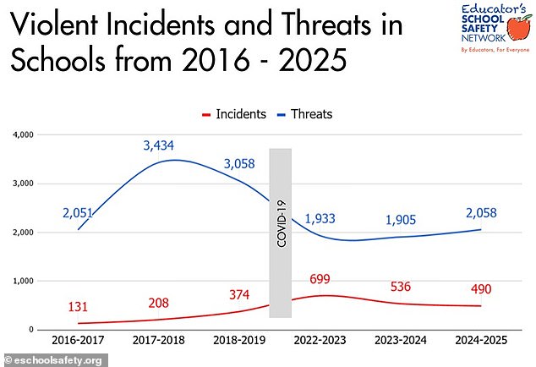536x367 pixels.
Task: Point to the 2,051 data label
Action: tap(79, 215)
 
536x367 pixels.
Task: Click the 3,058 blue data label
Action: tap(239, 163)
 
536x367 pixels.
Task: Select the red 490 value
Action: tap(482, 289)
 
